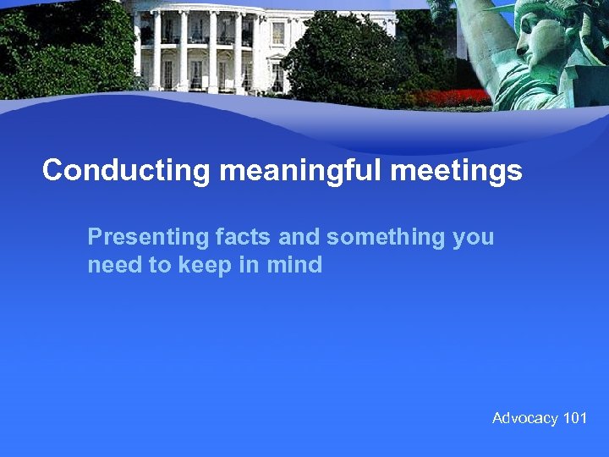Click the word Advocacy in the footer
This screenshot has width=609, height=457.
[x=525, y=418]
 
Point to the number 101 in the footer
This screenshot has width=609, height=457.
[x=575, y=418]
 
